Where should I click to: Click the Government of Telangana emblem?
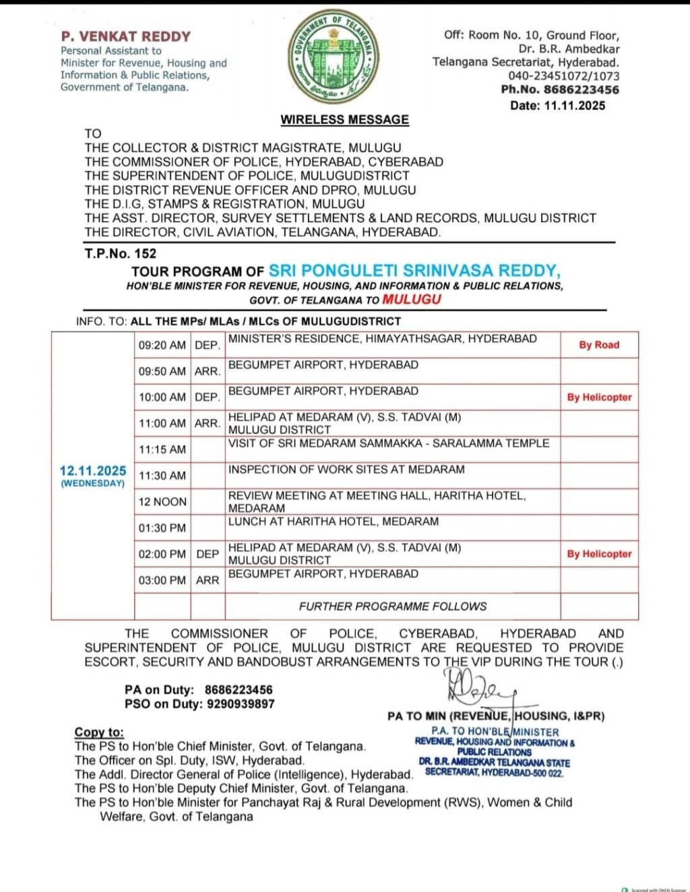pos(334,58)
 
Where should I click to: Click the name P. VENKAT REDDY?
pos(126,36)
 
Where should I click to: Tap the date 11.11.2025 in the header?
pos(575,105)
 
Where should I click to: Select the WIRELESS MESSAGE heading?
pos(344,119)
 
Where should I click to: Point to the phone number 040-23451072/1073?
pos(563,76)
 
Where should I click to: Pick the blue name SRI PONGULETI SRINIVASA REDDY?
pos(414,270)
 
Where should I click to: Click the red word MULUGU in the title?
pos(411,299)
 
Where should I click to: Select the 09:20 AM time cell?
pos(162,345)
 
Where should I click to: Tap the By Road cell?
pos(599,345)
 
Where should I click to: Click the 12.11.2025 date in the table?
pos(93,471)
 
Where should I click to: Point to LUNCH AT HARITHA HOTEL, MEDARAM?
pos(333,521)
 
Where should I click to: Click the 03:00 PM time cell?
pos(162,580)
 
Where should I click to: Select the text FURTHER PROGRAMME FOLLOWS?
pos(392,606)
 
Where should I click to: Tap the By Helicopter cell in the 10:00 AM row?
pos(599,397)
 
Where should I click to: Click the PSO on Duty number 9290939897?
pos(241,703)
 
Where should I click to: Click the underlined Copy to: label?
pos(99,732)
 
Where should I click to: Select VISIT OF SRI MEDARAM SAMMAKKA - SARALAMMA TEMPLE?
pos(388,443)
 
